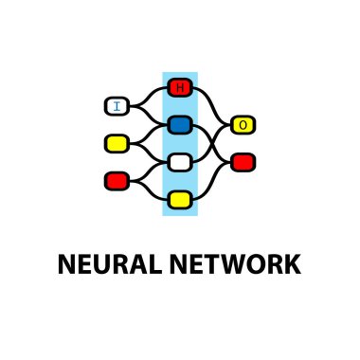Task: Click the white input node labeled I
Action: [x=117, y=106]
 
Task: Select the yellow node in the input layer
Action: [x=117, y=143]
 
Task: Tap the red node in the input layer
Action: [x=117, y=179]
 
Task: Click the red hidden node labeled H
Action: [x=179, y=88]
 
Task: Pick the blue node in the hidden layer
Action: [x=179, y=125]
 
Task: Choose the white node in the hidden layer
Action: [x=179, y=162]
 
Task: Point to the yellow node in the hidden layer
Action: [x=179, y=199]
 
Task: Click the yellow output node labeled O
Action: [x=243, y=125]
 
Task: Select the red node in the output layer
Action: [x=243, y=162]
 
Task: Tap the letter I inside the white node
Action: [x=117, y=106]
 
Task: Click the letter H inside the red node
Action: [x=179, y=88]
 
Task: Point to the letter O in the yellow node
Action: [x=243, y=125]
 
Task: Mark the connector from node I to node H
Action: [x=147, y=95]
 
